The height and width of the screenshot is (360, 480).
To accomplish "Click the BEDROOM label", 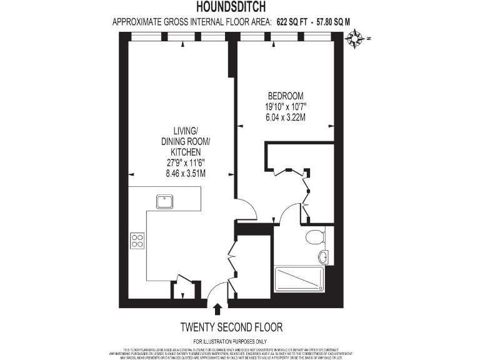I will (286, 96).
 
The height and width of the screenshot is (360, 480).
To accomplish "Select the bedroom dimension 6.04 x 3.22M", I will (286, 117).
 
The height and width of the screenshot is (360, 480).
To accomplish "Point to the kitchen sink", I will (166, 201).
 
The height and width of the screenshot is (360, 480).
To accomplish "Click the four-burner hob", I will (137, 241).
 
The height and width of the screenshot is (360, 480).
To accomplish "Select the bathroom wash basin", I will (323, 256).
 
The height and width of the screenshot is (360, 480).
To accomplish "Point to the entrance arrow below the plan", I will (217, 309).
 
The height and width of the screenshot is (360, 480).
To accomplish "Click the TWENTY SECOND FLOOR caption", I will (231, 327).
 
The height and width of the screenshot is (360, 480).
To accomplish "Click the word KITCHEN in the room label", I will (185, 152).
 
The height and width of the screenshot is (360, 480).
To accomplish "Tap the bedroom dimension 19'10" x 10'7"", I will (286, 106).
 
